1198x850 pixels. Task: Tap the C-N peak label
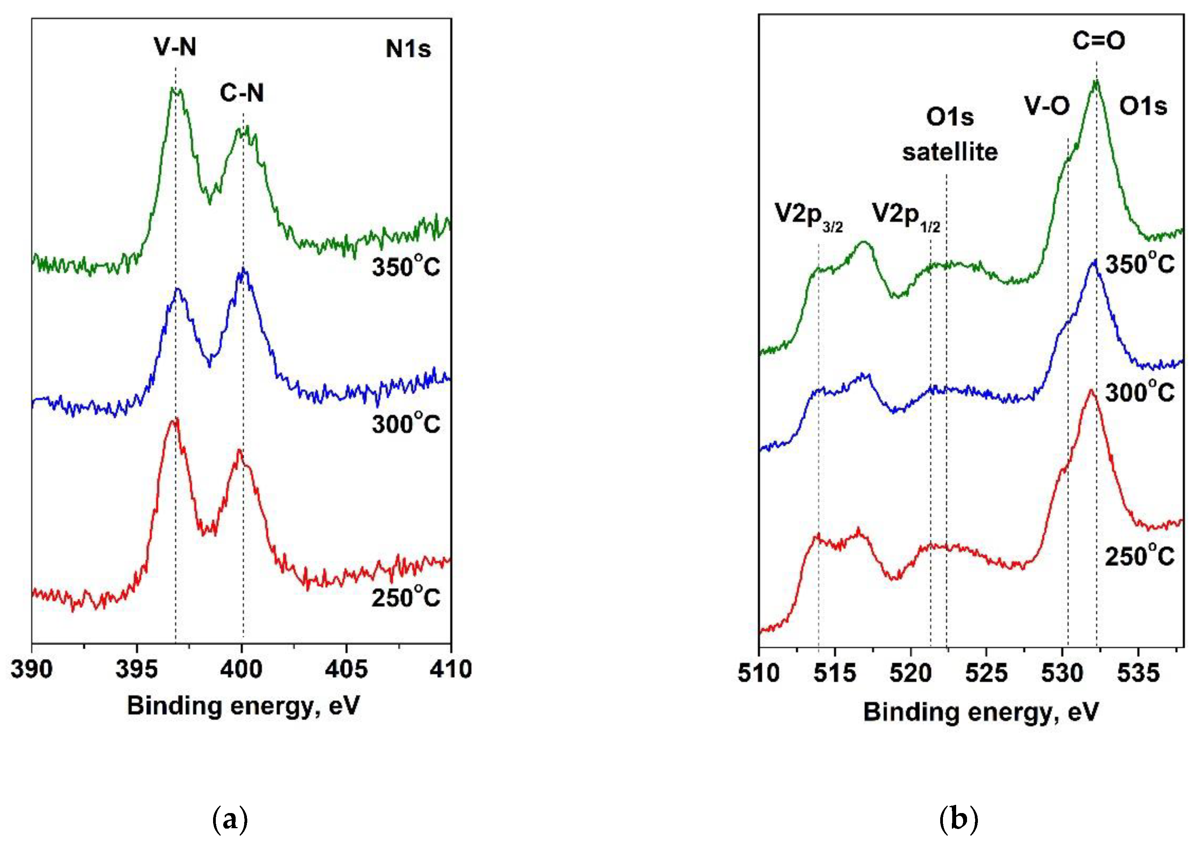click(x=242, y=93)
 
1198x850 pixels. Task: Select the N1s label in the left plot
click(x=408, y=49)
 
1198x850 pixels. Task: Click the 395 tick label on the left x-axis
click(x=136, y=669)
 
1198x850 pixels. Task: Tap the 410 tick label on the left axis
click(x=450, y=669)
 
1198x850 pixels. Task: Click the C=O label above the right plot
click(x=1098, y=41)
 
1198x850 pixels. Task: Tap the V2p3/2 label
click(x=808, y=216)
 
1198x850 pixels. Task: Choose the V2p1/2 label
click(x=906, y=216)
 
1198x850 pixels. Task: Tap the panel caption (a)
click(x=230, y=819)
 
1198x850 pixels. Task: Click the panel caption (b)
click(x=958, y=819)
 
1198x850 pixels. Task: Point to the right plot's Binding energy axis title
click(x=981, y=712)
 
